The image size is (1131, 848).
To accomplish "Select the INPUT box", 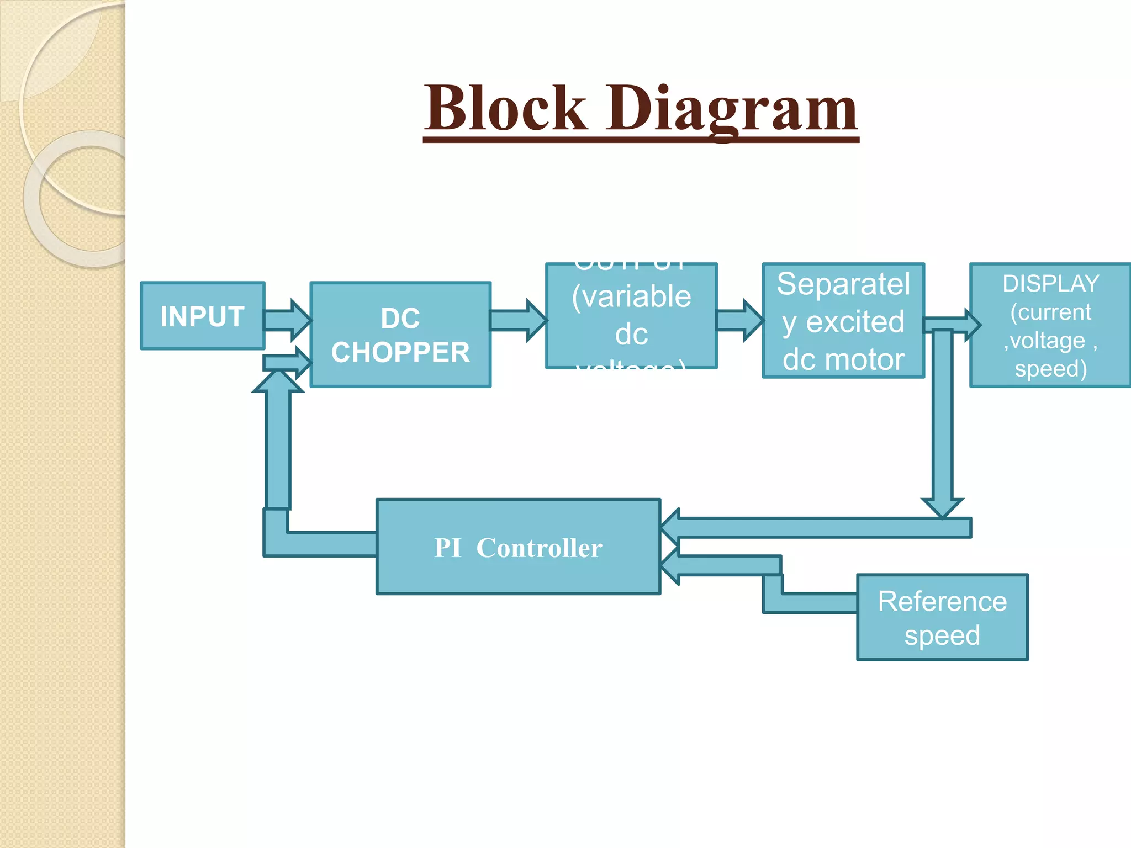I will coord(202,316).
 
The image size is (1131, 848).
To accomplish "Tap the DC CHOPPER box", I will coord(400,335).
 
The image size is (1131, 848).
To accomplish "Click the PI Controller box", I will coord(518,547).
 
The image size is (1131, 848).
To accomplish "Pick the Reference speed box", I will coord(942,617).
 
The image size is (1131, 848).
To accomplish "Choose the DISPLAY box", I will coord(1050,326).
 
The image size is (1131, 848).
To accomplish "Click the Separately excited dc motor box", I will coord(843,321).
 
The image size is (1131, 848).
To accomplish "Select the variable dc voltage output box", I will coord(631,316).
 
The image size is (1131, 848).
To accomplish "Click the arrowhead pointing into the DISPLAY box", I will coord(973,325).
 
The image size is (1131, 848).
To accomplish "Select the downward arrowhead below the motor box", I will coord(942,507).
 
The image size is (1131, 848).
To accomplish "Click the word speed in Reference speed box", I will coord(942,635).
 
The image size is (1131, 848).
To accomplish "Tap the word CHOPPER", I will coord(400,352).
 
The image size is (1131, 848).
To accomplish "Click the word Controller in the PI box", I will coord(539,548).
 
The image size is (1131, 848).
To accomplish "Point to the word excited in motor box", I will coord(855,322).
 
